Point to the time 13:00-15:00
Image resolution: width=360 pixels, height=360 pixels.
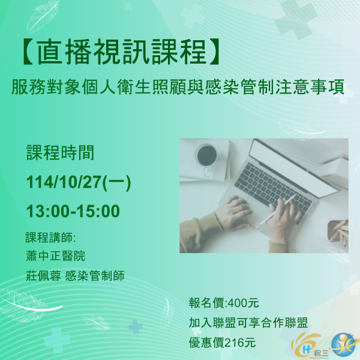point(73,211)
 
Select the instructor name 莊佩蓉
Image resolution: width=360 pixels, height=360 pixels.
point(41,275)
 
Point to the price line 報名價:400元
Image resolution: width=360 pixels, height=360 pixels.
point(224,302)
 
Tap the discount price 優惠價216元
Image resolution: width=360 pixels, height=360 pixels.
point(222,343)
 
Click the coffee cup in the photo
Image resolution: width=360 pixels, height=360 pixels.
point(207,155)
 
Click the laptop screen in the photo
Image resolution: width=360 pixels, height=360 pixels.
point(300,162)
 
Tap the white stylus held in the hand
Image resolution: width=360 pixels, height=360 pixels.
point(277,211)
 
